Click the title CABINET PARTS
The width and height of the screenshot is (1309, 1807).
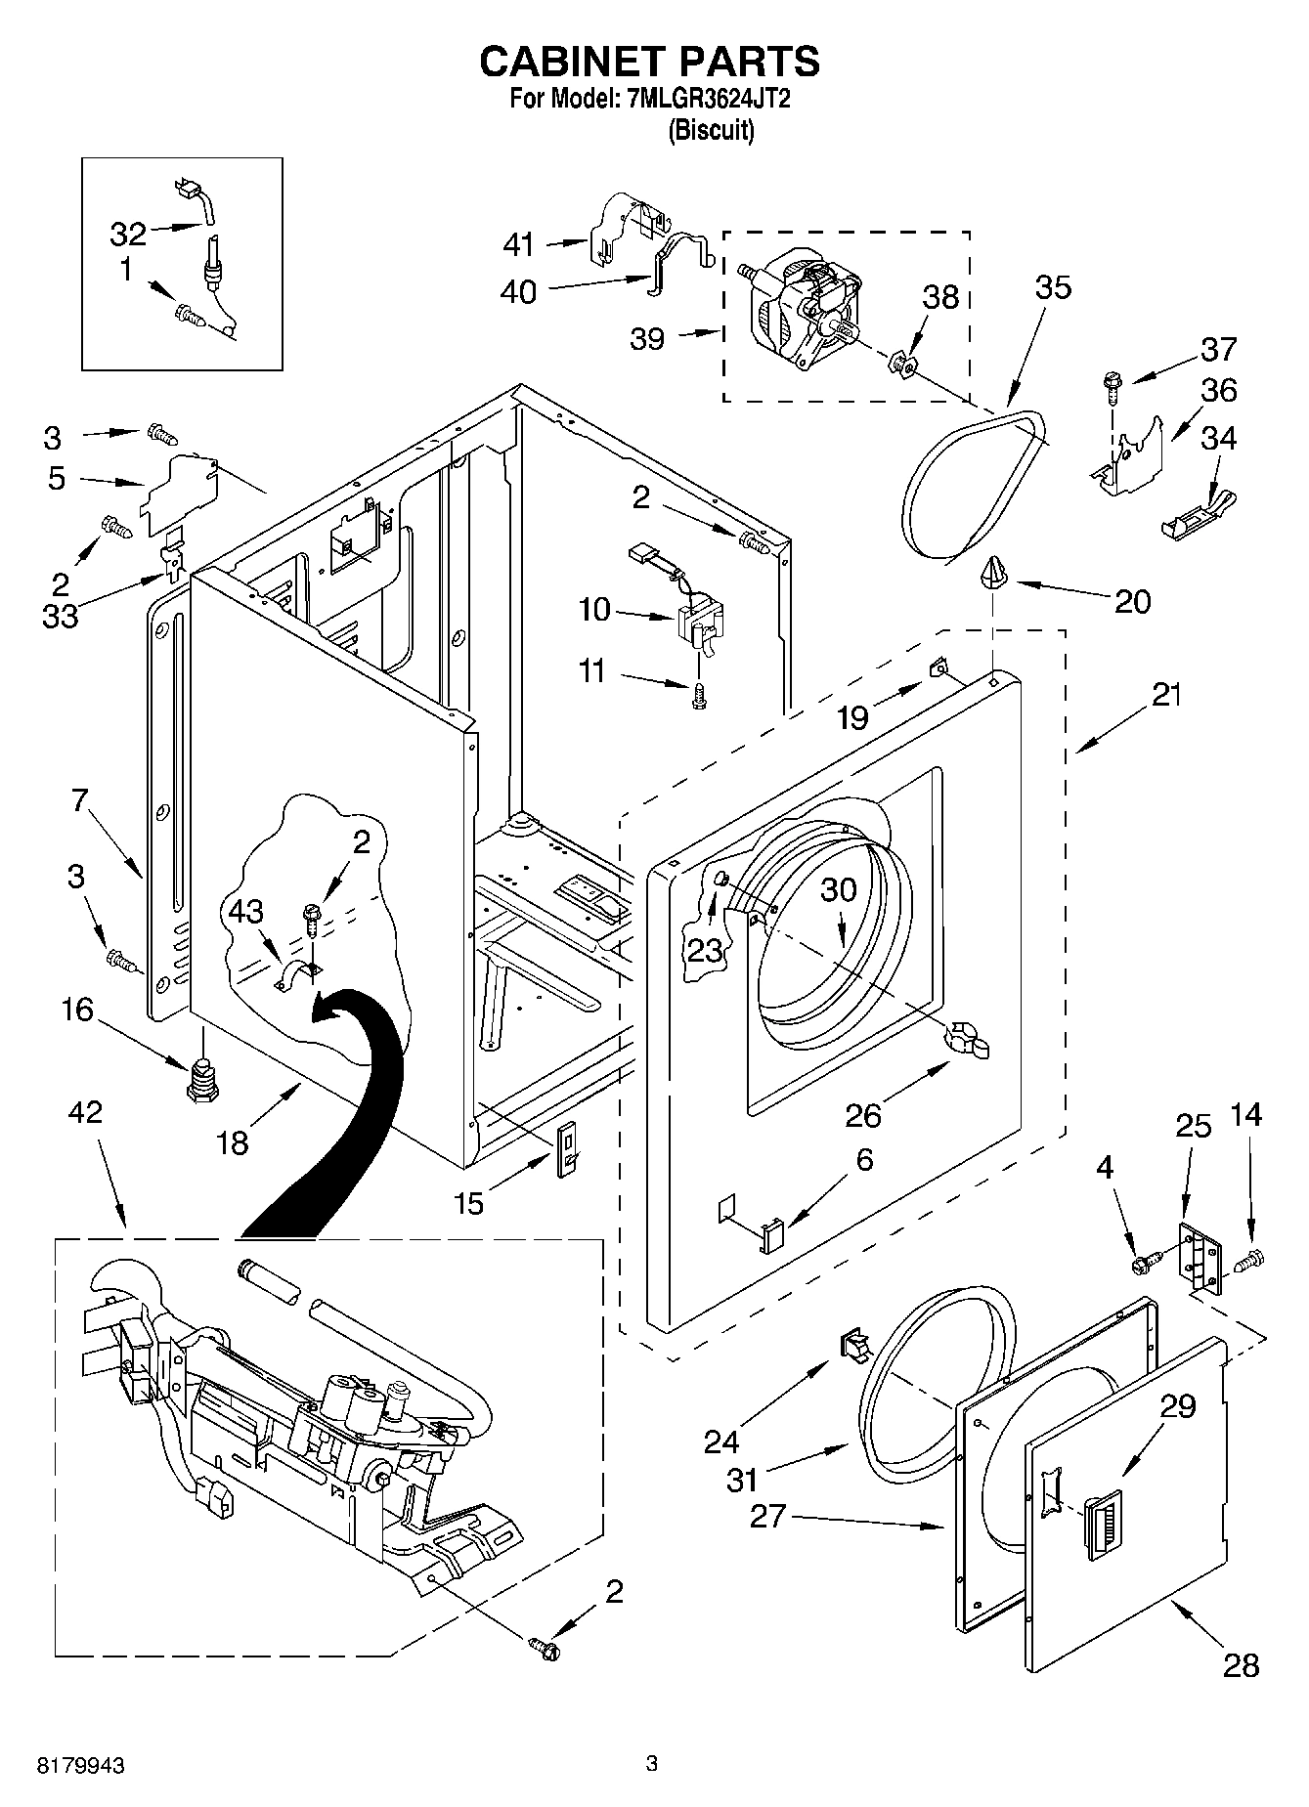click(649, 62)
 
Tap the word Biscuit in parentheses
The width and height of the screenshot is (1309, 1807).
click(711, 130)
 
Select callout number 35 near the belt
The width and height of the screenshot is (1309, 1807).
click(1052, 287)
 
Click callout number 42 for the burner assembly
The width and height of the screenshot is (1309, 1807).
click(86, 1112)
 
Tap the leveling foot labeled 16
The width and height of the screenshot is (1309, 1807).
click(200, 1079)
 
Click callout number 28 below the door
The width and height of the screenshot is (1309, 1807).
click(1241, 1664)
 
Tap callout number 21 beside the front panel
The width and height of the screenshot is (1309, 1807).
click(1165, 695)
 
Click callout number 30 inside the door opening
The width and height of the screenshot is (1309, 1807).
click(838, 889)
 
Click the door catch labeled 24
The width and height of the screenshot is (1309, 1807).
click(856, 1346)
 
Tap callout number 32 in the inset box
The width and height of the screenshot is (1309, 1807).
click(127, 235)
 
